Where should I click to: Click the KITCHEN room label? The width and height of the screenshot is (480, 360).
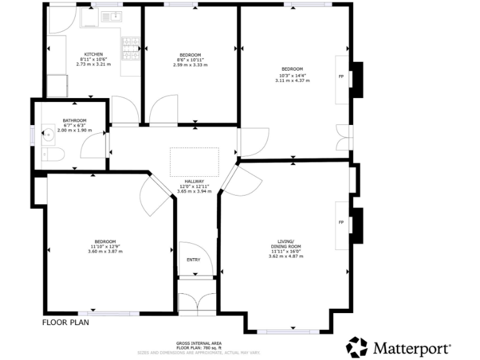point(94,54)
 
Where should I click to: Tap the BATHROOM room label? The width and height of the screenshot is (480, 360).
point(74,120)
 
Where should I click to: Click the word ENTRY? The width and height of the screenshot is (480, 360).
point(194,260)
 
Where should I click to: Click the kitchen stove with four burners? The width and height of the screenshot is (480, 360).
point(131,49)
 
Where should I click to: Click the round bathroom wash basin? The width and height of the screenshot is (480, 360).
point(49,132)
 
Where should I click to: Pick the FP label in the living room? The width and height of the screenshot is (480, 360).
point(341,222)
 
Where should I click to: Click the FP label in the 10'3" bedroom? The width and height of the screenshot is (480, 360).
point(341,76)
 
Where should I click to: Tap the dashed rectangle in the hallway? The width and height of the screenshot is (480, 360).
point(194,161)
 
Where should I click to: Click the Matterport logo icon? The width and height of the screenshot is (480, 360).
point(357,347)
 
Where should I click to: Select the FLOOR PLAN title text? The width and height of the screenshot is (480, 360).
point(66,323)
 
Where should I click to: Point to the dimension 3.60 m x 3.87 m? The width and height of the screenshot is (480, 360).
point(105,251)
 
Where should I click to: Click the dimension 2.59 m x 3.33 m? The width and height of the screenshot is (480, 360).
point(190,64)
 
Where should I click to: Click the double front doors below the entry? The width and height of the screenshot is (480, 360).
point(196,302)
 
